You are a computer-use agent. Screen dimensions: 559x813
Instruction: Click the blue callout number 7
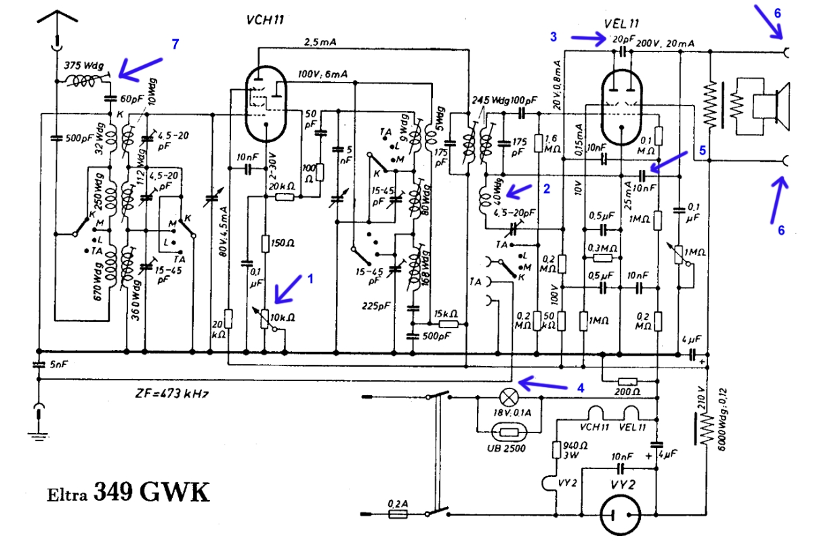175,44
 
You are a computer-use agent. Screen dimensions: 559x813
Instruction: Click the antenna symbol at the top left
56,20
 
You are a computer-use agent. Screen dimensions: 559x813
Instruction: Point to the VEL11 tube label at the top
621,24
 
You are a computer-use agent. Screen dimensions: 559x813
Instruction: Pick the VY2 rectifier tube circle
621,518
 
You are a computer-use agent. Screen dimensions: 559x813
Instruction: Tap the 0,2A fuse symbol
398,515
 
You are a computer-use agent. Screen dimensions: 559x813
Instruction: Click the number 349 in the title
116,492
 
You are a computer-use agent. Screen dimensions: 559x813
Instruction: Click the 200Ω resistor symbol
627,380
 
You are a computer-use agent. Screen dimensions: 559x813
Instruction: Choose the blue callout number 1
311,277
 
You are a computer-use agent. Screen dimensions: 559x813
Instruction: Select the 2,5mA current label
320,42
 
